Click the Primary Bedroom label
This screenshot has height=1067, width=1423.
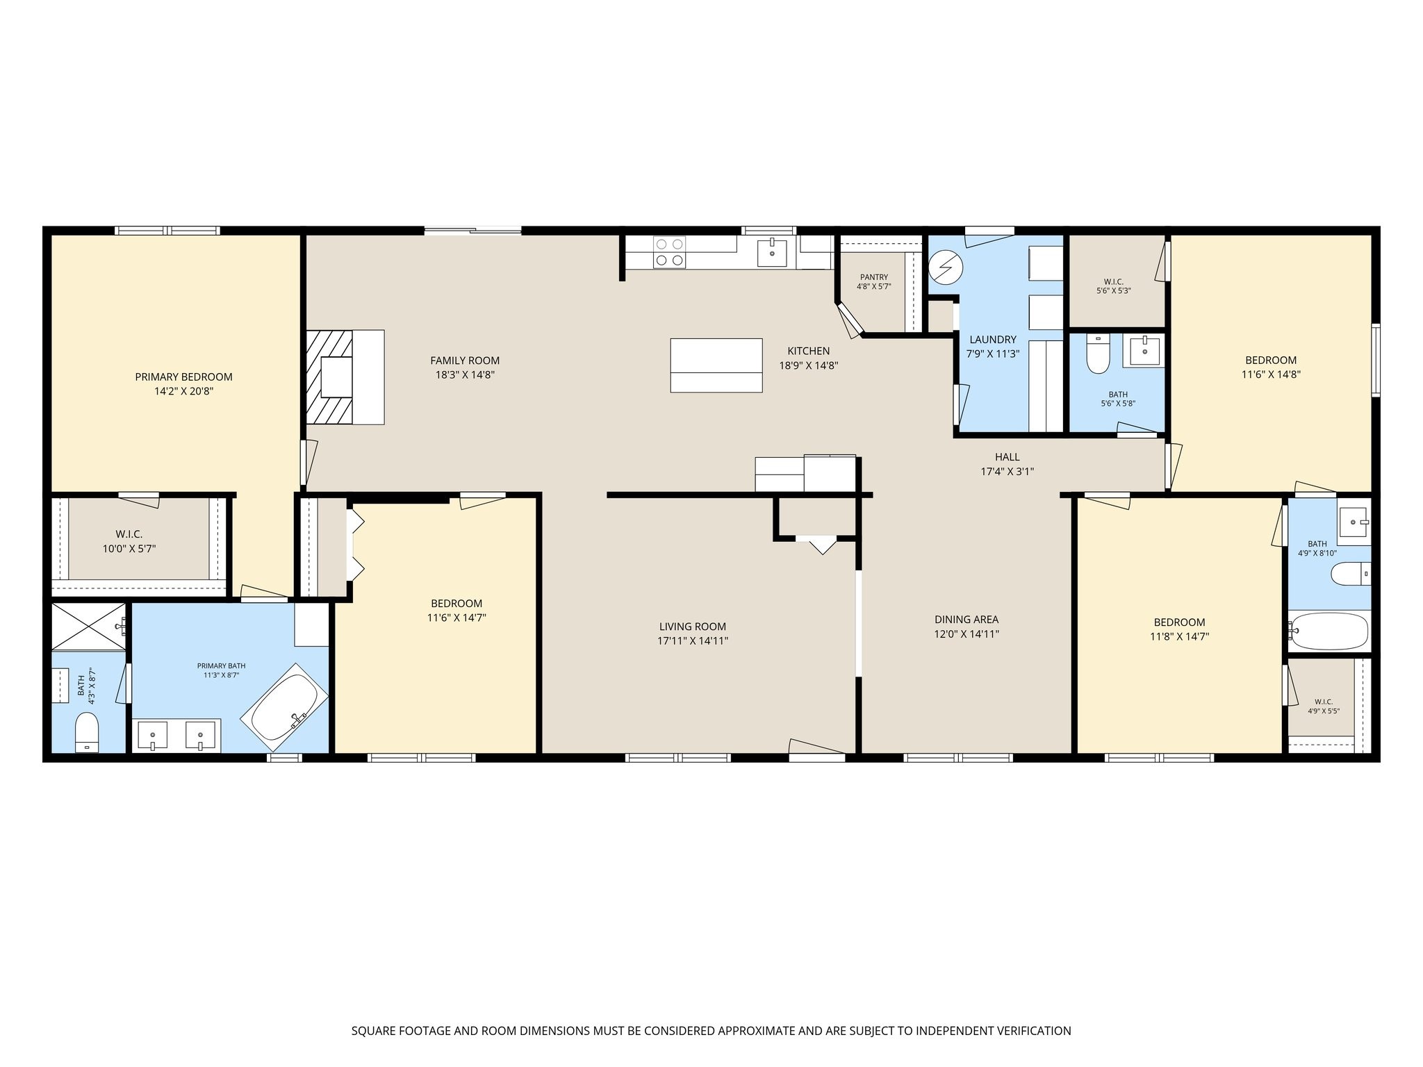click(183, 377)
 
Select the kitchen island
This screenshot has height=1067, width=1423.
click(716, 365)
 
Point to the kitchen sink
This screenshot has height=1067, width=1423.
click(772, 253)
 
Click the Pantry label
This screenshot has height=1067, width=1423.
click(873, 277)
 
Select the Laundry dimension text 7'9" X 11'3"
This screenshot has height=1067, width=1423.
click(992, 354)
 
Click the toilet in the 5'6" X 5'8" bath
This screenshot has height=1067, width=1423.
click(1098, 354)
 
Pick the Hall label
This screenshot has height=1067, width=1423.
click(1007, 457)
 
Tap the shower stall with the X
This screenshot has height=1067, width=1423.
click(89, 627)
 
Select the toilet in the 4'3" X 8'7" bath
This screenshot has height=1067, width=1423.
click(87, 732)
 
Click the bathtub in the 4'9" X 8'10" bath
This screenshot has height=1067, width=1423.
click(1329, 631)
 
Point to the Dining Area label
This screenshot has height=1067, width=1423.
click(967, 620)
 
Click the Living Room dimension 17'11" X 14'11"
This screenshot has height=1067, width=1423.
click(693, 641)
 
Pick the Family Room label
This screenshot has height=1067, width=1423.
click(465, 361)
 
